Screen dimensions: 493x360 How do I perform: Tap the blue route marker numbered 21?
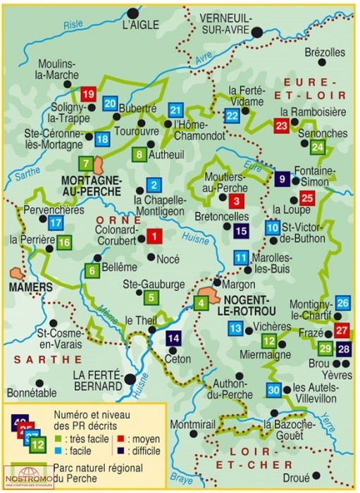[x=176, y=110]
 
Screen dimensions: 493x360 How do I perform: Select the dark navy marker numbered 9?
[x=282, y=179]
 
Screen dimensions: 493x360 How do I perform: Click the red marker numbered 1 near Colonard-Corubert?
[x=154, y=236]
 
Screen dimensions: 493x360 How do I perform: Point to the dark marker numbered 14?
[x=173, y=337]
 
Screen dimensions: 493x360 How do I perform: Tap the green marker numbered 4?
[x=201, y=304]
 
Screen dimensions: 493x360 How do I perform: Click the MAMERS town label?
[x=30, y=287]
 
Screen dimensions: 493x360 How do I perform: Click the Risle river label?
[x=73, y=24]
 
